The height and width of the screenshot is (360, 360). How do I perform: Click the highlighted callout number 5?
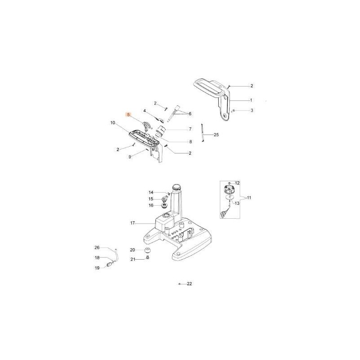[x=129, y=115]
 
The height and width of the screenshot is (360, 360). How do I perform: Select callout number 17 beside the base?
[x=133, y=223]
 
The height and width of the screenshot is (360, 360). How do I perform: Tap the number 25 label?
[x=216, y=135]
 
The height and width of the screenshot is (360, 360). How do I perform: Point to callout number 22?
[x=189, y=284]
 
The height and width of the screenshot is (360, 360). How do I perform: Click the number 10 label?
[x=112, y=122]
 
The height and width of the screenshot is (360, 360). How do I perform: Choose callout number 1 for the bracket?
[x=251, y=100]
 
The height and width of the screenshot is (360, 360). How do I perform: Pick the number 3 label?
[x=252, y=110]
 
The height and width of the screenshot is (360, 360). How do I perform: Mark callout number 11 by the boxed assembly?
[x=249, y=198]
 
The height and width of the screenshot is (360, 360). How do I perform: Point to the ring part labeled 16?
[x=165, y=206]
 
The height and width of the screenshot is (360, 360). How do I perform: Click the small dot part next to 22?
[x=179, y=284]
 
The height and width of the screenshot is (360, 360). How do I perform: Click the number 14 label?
[x=151, y=192]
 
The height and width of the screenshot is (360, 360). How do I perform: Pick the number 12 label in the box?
[x=238, y=183]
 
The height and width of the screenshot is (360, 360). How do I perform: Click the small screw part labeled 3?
[x=234, y=110]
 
